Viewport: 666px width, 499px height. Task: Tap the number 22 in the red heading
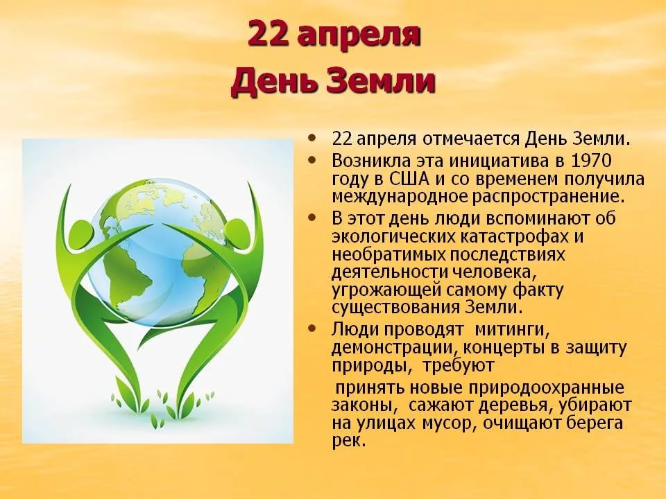pos(267,35)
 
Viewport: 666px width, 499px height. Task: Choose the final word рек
pos(348,441)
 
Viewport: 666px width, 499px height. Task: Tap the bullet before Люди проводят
pos(315,328)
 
